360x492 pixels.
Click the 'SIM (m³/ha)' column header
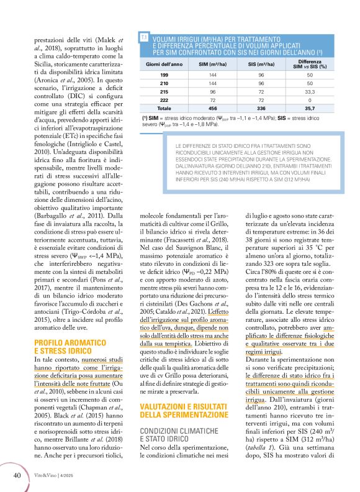(x=215, y=65)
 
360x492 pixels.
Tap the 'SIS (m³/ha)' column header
(x=260, y=65)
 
